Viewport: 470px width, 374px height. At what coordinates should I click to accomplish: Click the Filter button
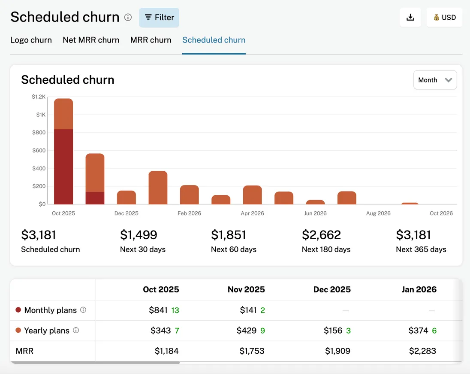click(x=159, y=18)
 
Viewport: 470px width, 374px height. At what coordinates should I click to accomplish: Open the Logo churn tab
click(x=31, y=40)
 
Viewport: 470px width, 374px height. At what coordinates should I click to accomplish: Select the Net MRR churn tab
click(x=91, y=40)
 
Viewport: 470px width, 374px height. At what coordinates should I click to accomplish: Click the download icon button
click(x=410, y=18)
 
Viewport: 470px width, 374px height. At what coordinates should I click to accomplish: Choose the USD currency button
click(x=444, y=18)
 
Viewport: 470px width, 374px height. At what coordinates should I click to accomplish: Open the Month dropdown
click(x=435, y=80)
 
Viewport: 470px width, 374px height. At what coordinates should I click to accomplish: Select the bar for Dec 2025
click(x=127, y=198)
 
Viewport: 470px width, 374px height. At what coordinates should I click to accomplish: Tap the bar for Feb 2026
click(x=189, y=195)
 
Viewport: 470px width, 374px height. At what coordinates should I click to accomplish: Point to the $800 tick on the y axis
click(x=39, y=133)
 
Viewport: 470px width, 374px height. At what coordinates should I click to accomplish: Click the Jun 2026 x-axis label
click(x=315, y=213)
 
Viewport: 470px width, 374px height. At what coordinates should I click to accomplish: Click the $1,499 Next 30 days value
click(x=139, y=235)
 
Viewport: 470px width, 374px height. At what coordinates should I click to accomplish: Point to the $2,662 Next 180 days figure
click(x=321, y=235)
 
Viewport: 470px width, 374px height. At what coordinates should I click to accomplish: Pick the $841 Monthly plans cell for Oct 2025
click(x=158, y=310)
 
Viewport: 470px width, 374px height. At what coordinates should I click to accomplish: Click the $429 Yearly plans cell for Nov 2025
click(x=246, y=331)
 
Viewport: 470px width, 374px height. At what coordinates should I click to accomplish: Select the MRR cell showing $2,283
click(x=422, y=351)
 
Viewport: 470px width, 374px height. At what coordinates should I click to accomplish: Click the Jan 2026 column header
click(x=419, y=289)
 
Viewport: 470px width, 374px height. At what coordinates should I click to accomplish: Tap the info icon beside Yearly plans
click(x=76, y=331)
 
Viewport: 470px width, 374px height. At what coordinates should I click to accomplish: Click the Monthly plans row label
click(x=50, y=310)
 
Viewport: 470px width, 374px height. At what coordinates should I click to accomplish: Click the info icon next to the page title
click(x=128, y=18)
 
